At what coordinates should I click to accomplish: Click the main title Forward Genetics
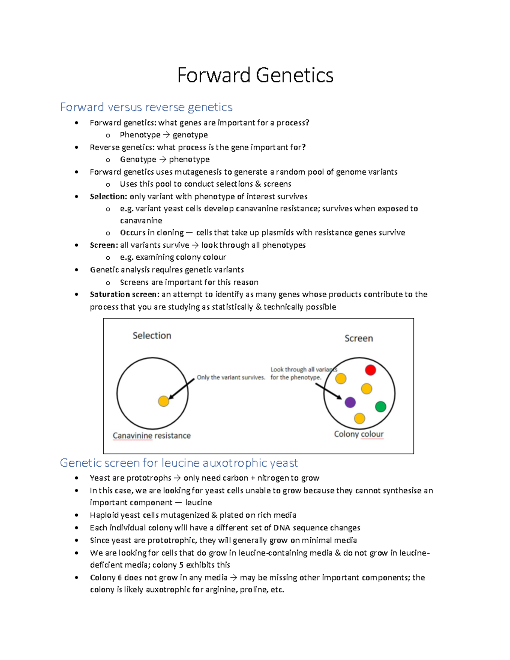255,75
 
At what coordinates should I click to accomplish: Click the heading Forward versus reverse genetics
146,107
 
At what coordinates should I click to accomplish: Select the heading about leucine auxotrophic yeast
178,462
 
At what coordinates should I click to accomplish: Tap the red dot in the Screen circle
370,370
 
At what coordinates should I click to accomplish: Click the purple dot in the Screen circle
350,402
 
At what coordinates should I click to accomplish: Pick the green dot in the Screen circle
380,407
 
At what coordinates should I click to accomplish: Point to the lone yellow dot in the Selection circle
164,401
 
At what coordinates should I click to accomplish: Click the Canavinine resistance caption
152,436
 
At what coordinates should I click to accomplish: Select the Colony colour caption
359,434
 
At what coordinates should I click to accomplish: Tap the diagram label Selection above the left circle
152,336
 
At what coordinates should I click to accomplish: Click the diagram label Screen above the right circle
359,338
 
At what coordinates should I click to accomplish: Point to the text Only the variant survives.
231,377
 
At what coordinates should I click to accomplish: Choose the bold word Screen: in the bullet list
104,245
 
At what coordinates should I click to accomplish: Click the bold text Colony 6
106,578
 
